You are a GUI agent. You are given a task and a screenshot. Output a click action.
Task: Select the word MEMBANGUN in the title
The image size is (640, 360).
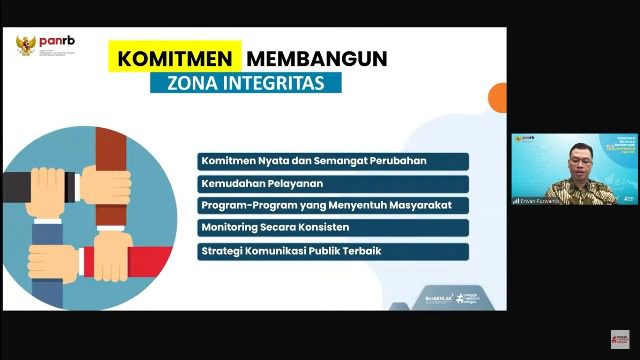click(317, 58)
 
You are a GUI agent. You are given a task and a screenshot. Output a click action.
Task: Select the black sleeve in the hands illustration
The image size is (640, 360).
click(22, 186)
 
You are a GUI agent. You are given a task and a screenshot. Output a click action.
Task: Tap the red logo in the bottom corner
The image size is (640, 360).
click(620, 339)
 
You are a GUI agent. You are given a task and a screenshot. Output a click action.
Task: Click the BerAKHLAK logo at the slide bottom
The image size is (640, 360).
click(411, 299)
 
